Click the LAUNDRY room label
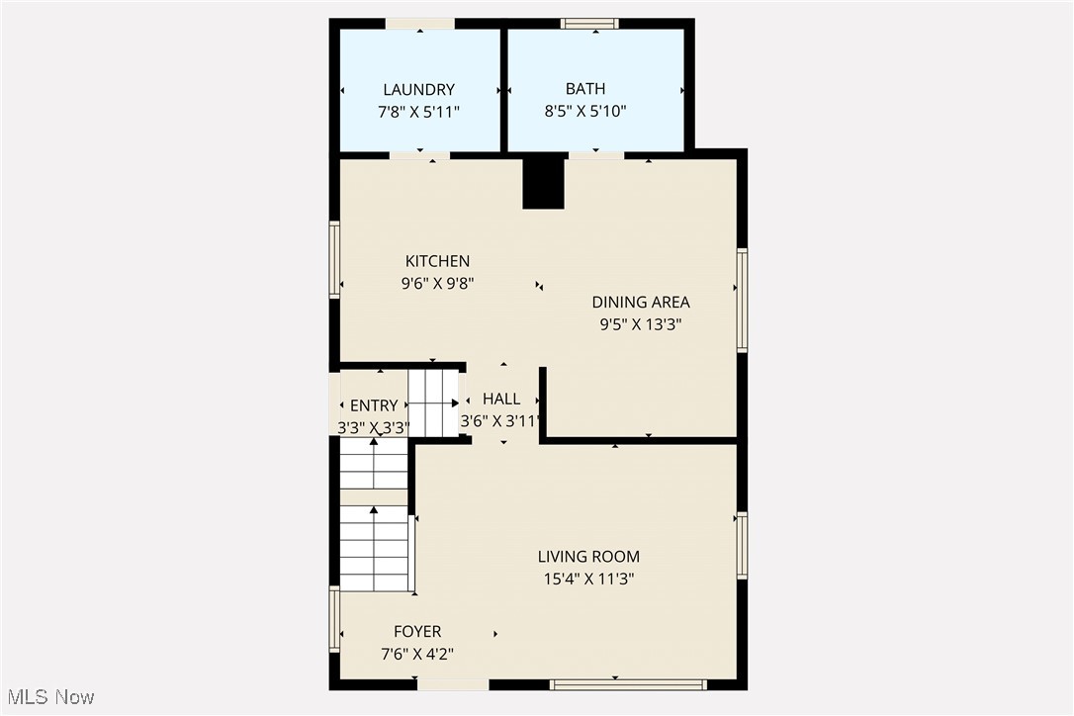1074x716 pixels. (x=419, y=90)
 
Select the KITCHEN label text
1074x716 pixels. (x=437, y=261)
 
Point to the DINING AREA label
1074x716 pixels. (x=641, y=303)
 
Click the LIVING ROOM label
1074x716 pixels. (x=588, y=557)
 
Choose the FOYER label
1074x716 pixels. (x=417, y=632)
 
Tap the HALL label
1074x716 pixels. (x=501, y=400)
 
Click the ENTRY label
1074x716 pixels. (x=374, y=405)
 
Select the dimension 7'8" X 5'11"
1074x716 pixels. (x=419, y=112)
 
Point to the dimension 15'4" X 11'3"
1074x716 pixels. (x=588, y=580)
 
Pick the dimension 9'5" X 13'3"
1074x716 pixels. (x=641, y=324)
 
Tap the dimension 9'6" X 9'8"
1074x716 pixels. (x=437, y=283)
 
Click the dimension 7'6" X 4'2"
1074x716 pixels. (x=417, y=654)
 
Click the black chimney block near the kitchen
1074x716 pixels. (x=543, y=184)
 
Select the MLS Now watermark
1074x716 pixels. (x=47, y=697)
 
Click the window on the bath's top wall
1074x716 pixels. (x=589, y=23)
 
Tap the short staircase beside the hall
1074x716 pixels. (x=434, y=403)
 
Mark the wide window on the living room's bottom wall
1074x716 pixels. (x=628, y=684)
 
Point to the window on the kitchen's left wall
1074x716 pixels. (x=334, y=259)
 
